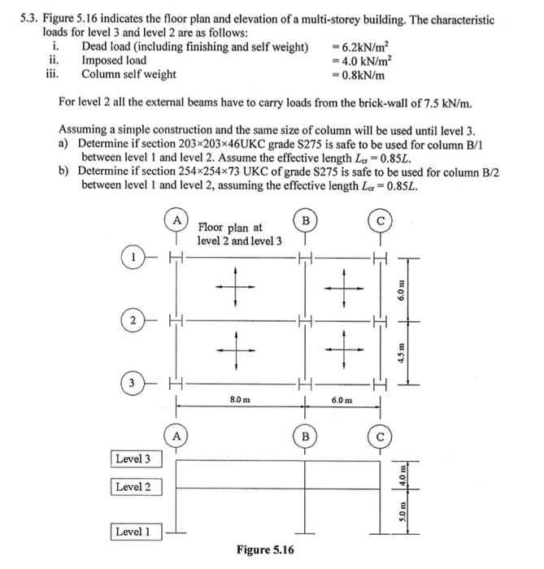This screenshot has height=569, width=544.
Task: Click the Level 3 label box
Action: pyautogui.click(x=134, y=458)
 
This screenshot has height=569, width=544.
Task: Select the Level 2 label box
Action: pyautogui.click(x=134, y=487)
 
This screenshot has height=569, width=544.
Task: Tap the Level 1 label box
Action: pyautogui.click(x=134, y=532)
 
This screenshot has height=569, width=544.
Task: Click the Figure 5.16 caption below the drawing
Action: pyautogui.click(x=265, y=550)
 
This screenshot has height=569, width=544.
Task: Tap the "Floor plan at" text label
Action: pyautogui.click(x=229, y=228)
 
